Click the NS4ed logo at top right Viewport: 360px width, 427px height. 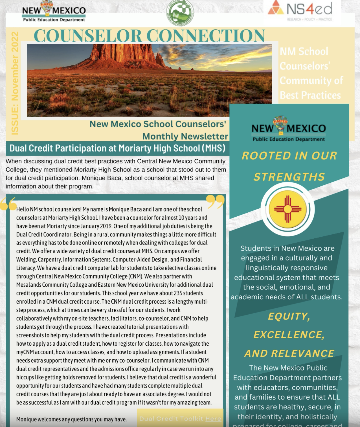pos(300,10)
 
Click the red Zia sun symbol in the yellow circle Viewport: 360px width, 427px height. pos(287,209)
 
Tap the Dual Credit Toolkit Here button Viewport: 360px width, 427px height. pos(180,419)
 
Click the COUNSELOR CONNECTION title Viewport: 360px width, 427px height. pos(149,36)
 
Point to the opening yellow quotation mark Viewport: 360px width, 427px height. pos(8,204)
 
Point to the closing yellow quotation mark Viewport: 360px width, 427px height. pos(216,201)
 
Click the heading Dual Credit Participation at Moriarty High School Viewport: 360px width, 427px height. pos(117,148)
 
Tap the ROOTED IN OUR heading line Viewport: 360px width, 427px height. pos(289,156)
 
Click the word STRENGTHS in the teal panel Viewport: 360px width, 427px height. pos(289,177)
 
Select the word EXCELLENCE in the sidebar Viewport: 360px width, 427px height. pos(289,335)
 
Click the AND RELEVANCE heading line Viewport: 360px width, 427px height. pos(289,353)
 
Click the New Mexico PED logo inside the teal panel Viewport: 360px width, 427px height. pos(289,130)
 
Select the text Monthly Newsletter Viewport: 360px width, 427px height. pos(185,136)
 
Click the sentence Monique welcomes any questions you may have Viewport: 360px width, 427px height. pos(71,419)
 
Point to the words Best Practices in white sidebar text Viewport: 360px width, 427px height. pos(310,95)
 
